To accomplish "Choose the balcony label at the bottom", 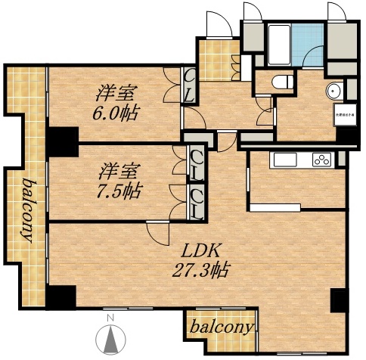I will (222, 327).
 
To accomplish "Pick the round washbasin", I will (333, 92).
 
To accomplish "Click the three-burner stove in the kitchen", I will (321, 160).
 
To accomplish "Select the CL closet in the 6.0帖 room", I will (189, 85).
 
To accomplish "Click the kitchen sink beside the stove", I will (288, 160).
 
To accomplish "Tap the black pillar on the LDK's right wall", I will (340, 300).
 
